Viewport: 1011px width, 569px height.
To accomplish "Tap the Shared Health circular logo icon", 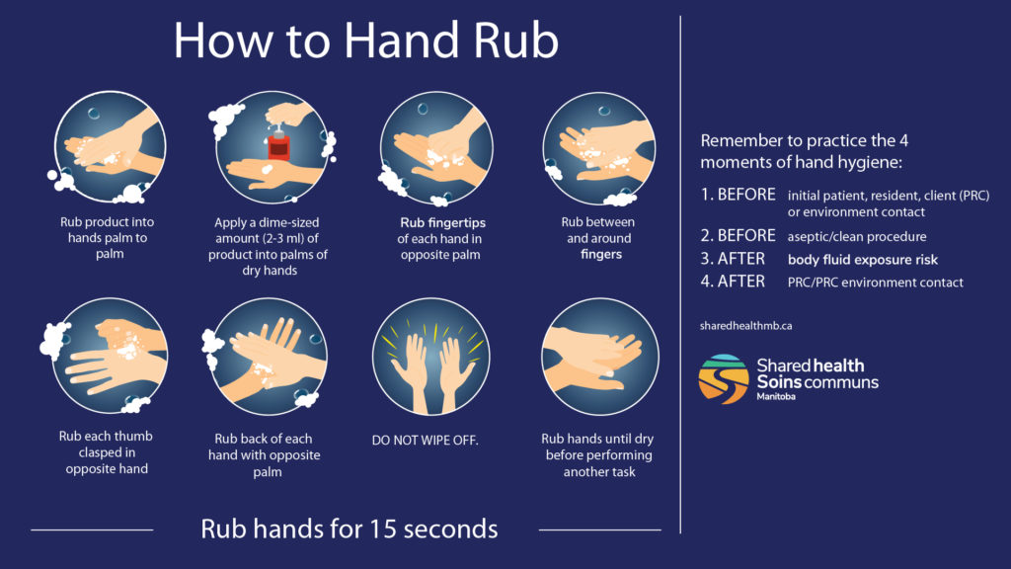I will [x=724, y=379].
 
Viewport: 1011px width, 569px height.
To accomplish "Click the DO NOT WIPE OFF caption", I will [x=425, y=440].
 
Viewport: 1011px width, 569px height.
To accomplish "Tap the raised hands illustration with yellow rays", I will [x=431, y=357].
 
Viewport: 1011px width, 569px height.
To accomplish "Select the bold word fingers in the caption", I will [x=602, y=254].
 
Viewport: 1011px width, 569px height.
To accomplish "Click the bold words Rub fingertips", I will [x=442, y=222].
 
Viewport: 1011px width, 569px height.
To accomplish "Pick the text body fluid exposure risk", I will [x=863, y=260].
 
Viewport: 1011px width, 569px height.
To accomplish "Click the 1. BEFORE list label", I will [x=739, y=196].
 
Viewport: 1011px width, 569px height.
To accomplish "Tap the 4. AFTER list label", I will [x=733, y=282].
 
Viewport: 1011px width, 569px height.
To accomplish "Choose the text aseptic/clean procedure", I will [x=856, y=237].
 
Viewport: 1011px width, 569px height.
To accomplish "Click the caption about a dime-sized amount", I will [x=267, y=246].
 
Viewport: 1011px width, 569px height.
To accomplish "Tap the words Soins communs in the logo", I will [x=817, y=381].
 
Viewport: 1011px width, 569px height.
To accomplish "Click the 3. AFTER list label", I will [x=733, y=260].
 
